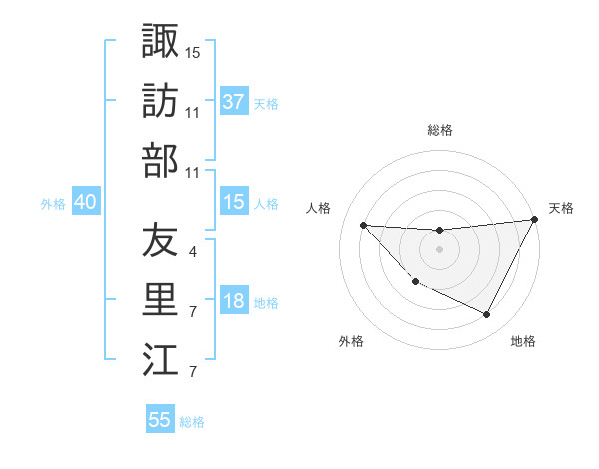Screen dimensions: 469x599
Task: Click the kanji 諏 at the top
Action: (160, 41)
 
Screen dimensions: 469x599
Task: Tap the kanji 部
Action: (160, 160)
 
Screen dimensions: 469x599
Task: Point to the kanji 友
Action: (160, 240)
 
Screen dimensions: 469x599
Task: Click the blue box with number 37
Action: (233, 102)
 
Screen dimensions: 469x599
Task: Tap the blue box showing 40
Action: (85, 203)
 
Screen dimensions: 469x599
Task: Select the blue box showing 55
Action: (160, 420)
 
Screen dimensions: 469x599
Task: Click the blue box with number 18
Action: (233, 302)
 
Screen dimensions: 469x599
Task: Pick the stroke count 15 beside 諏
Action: (193, 51)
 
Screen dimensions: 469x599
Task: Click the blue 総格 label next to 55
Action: (193, 422)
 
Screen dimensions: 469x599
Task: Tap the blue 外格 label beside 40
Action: (53, 204)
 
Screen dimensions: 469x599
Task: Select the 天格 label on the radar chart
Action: (561, 208)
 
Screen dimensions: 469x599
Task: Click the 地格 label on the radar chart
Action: (523, 341)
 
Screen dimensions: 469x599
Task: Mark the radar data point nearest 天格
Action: (535, 220)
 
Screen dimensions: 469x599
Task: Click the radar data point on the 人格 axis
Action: (363, 225)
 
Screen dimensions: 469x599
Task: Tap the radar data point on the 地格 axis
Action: (487, 315)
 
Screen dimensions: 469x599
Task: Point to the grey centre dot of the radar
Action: (439, 249)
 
